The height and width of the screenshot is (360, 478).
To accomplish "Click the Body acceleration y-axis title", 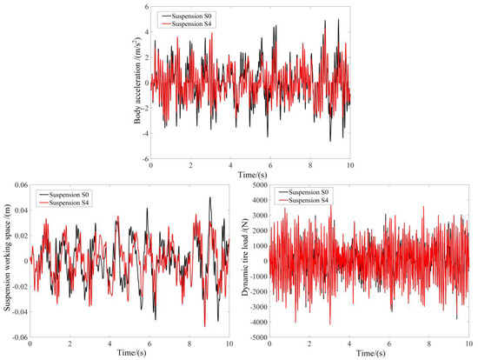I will pyautogui.click(x=138, y=84).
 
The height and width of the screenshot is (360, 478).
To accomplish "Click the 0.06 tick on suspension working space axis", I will pyautogui.click(x=18, y=186).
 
